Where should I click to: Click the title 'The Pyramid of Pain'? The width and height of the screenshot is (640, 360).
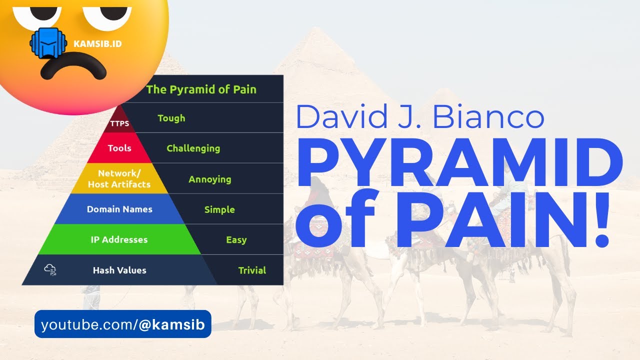(201, 89)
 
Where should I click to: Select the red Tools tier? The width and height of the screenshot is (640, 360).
(119, 148)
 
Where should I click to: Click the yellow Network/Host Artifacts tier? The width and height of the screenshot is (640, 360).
(119, 178)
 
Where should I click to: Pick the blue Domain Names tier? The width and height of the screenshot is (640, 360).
(119, 209)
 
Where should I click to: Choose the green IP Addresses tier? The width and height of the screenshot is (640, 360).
(119, 239)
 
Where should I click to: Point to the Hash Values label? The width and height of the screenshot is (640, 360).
(119, 270)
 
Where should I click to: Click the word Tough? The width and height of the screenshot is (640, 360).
(171, 118)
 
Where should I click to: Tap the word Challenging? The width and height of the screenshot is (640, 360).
(193, 148)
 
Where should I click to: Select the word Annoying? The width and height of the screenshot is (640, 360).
(209, 179)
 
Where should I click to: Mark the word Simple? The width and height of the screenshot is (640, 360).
(219, 209)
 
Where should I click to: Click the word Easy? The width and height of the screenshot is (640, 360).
(236, 240)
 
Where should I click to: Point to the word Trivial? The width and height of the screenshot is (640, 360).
(252, 270)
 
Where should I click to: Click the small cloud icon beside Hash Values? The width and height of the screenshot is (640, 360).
(50, 270)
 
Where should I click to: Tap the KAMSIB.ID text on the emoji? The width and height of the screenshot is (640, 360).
(97, 44)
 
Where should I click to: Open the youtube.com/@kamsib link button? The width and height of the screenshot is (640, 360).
(122, 324)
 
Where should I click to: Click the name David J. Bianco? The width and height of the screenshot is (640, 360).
(419, 116)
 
